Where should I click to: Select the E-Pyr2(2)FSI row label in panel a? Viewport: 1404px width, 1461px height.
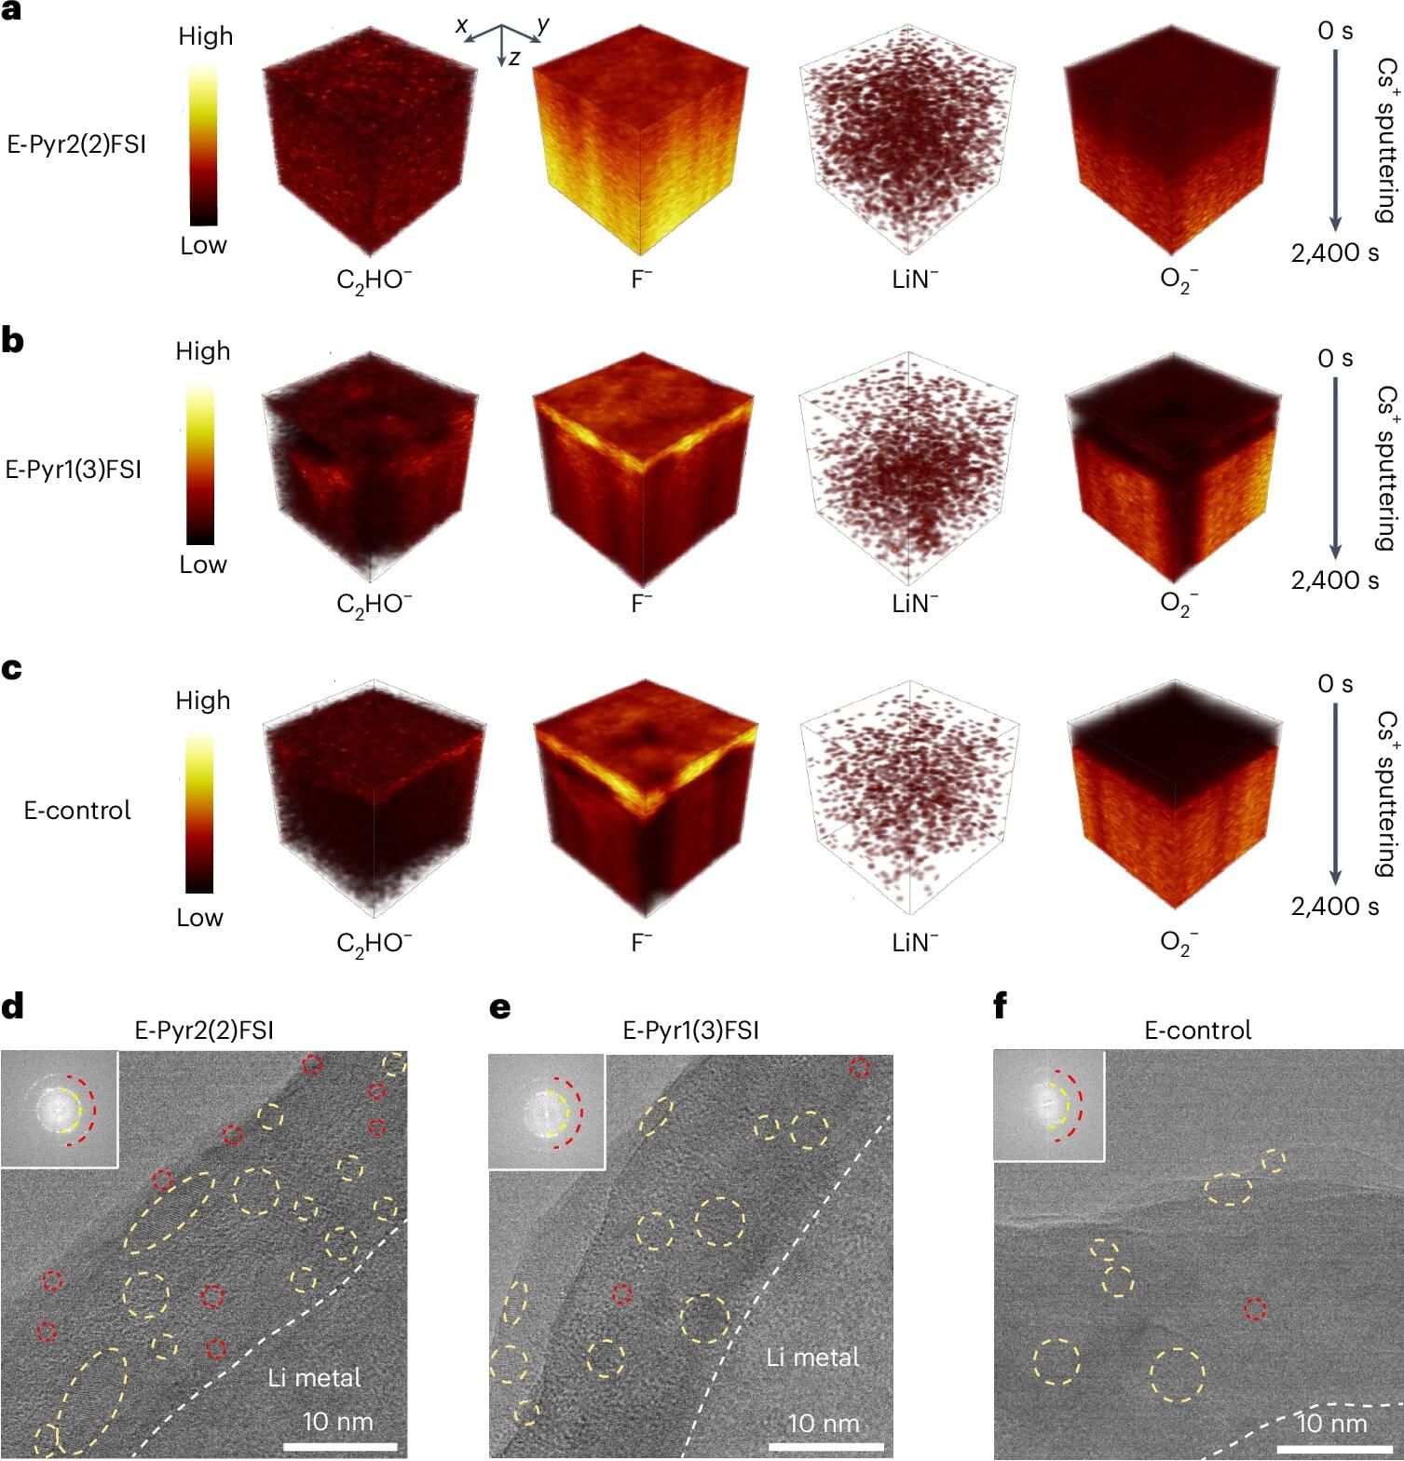(76, 144)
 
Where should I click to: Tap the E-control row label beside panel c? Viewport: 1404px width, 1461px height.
(77, 810)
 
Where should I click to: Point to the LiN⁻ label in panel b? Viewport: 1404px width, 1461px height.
(914, 604)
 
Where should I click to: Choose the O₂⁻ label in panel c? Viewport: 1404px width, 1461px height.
(1179, 943)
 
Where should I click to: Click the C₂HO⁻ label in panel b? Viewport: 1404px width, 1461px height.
(374, 605)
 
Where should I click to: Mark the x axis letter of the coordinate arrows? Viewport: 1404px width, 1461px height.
(461, 25)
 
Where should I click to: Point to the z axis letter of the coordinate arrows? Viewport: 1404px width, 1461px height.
(514, 58)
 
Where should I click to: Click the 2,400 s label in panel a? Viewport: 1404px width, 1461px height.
(1334, 253)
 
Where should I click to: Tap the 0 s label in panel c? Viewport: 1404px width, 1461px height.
(1334, 684)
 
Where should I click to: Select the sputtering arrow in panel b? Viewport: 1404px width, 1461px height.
(1335, 466)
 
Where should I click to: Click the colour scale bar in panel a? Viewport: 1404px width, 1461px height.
(203, 144)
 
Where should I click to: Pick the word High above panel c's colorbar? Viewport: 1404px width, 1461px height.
(202, 700)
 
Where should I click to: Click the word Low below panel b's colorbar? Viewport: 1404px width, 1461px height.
(202, 565)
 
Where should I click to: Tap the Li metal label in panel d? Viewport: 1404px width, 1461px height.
(314, 1377)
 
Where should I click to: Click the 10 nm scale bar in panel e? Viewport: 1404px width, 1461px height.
(825, 1446)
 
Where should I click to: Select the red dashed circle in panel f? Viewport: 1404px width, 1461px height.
(1255, 1309)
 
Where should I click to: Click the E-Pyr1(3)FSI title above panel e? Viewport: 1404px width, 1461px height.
(690, 1031)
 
